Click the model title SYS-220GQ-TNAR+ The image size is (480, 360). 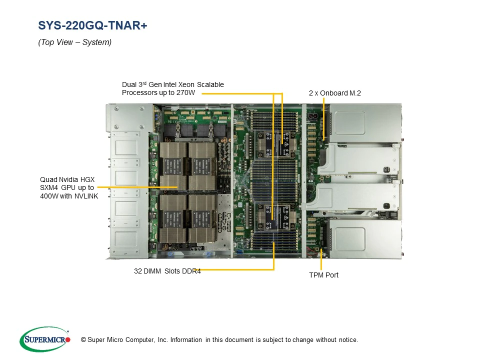tap(92, 25)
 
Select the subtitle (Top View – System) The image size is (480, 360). tap(74, 42)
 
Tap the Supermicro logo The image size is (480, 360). tap(45, 339)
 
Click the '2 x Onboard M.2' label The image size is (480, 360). tap(335, 93)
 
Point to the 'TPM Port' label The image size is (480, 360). tap(323, 275)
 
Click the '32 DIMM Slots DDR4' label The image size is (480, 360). tap(167, 271)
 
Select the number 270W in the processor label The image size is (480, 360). tap(185, 93)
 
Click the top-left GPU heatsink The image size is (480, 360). tap(172, 165)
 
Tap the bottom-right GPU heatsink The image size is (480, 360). tap(202, 218)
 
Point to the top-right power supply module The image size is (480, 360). tap(365, 123)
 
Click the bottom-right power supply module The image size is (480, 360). tap(365, 239)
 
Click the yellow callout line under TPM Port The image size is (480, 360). tap(321, 260)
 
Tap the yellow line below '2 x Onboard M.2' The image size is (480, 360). tap(324, 119)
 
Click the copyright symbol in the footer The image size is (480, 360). tap(83, 340)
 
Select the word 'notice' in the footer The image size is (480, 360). tap(348, 340)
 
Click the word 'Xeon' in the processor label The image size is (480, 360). tap(186, 85)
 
